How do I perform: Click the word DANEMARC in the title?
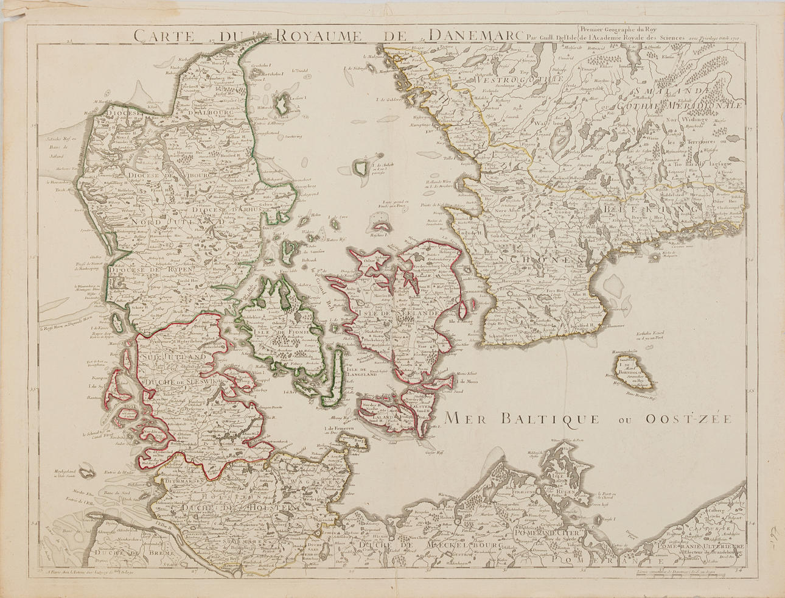[x=472, y=35]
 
